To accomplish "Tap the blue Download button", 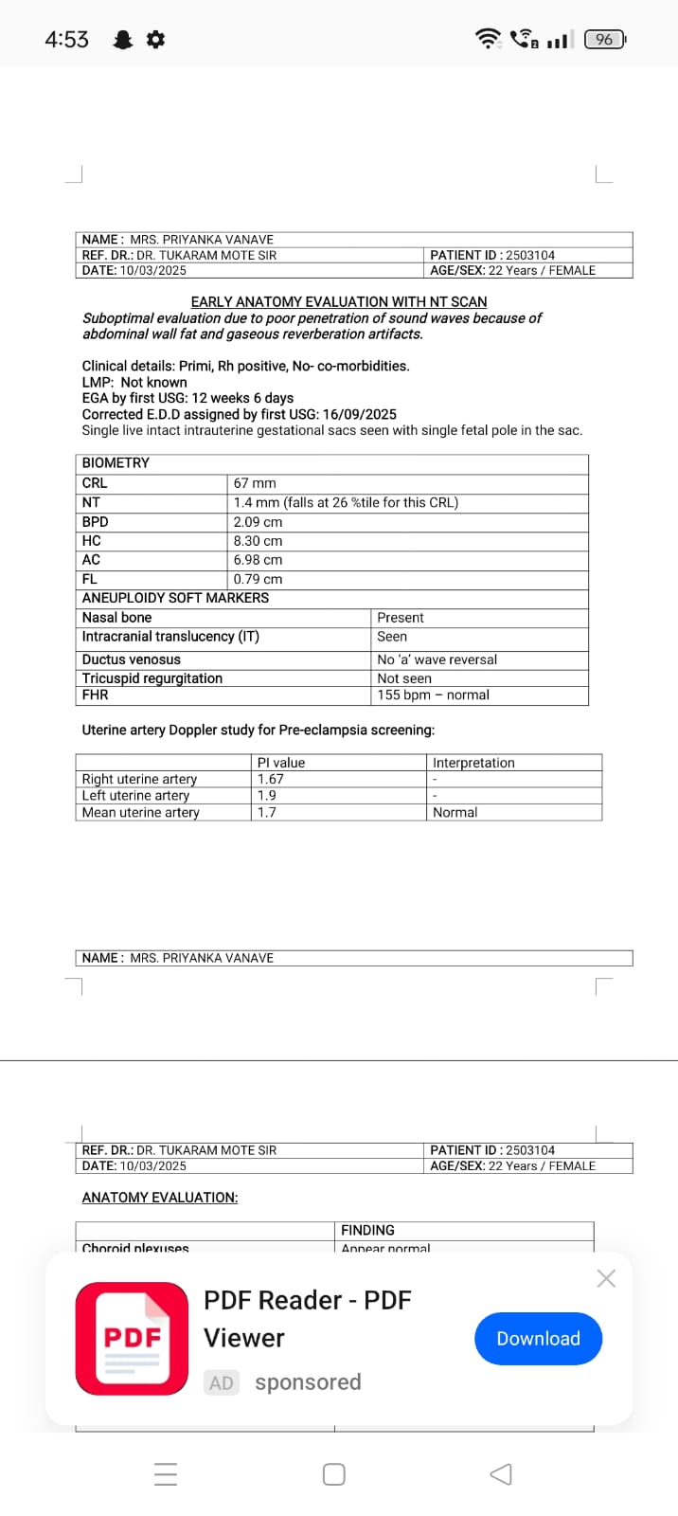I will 538,1338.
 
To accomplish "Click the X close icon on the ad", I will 606,1278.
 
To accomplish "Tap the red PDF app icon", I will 132,1338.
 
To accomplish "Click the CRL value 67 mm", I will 255,483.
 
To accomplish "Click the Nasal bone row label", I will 116,618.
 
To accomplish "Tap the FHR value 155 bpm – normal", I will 433,695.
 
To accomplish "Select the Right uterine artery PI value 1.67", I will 271,779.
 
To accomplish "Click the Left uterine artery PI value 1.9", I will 267,796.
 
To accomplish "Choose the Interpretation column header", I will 473,763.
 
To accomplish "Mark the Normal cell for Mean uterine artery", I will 455,812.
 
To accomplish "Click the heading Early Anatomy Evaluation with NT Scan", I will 339,301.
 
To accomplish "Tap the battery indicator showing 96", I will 605,39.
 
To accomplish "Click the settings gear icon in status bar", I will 156,39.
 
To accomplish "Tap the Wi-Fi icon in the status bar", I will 487,39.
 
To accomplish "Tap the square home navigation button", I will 333,1474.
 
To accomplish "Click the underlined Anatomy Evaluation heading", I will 160,1198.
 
